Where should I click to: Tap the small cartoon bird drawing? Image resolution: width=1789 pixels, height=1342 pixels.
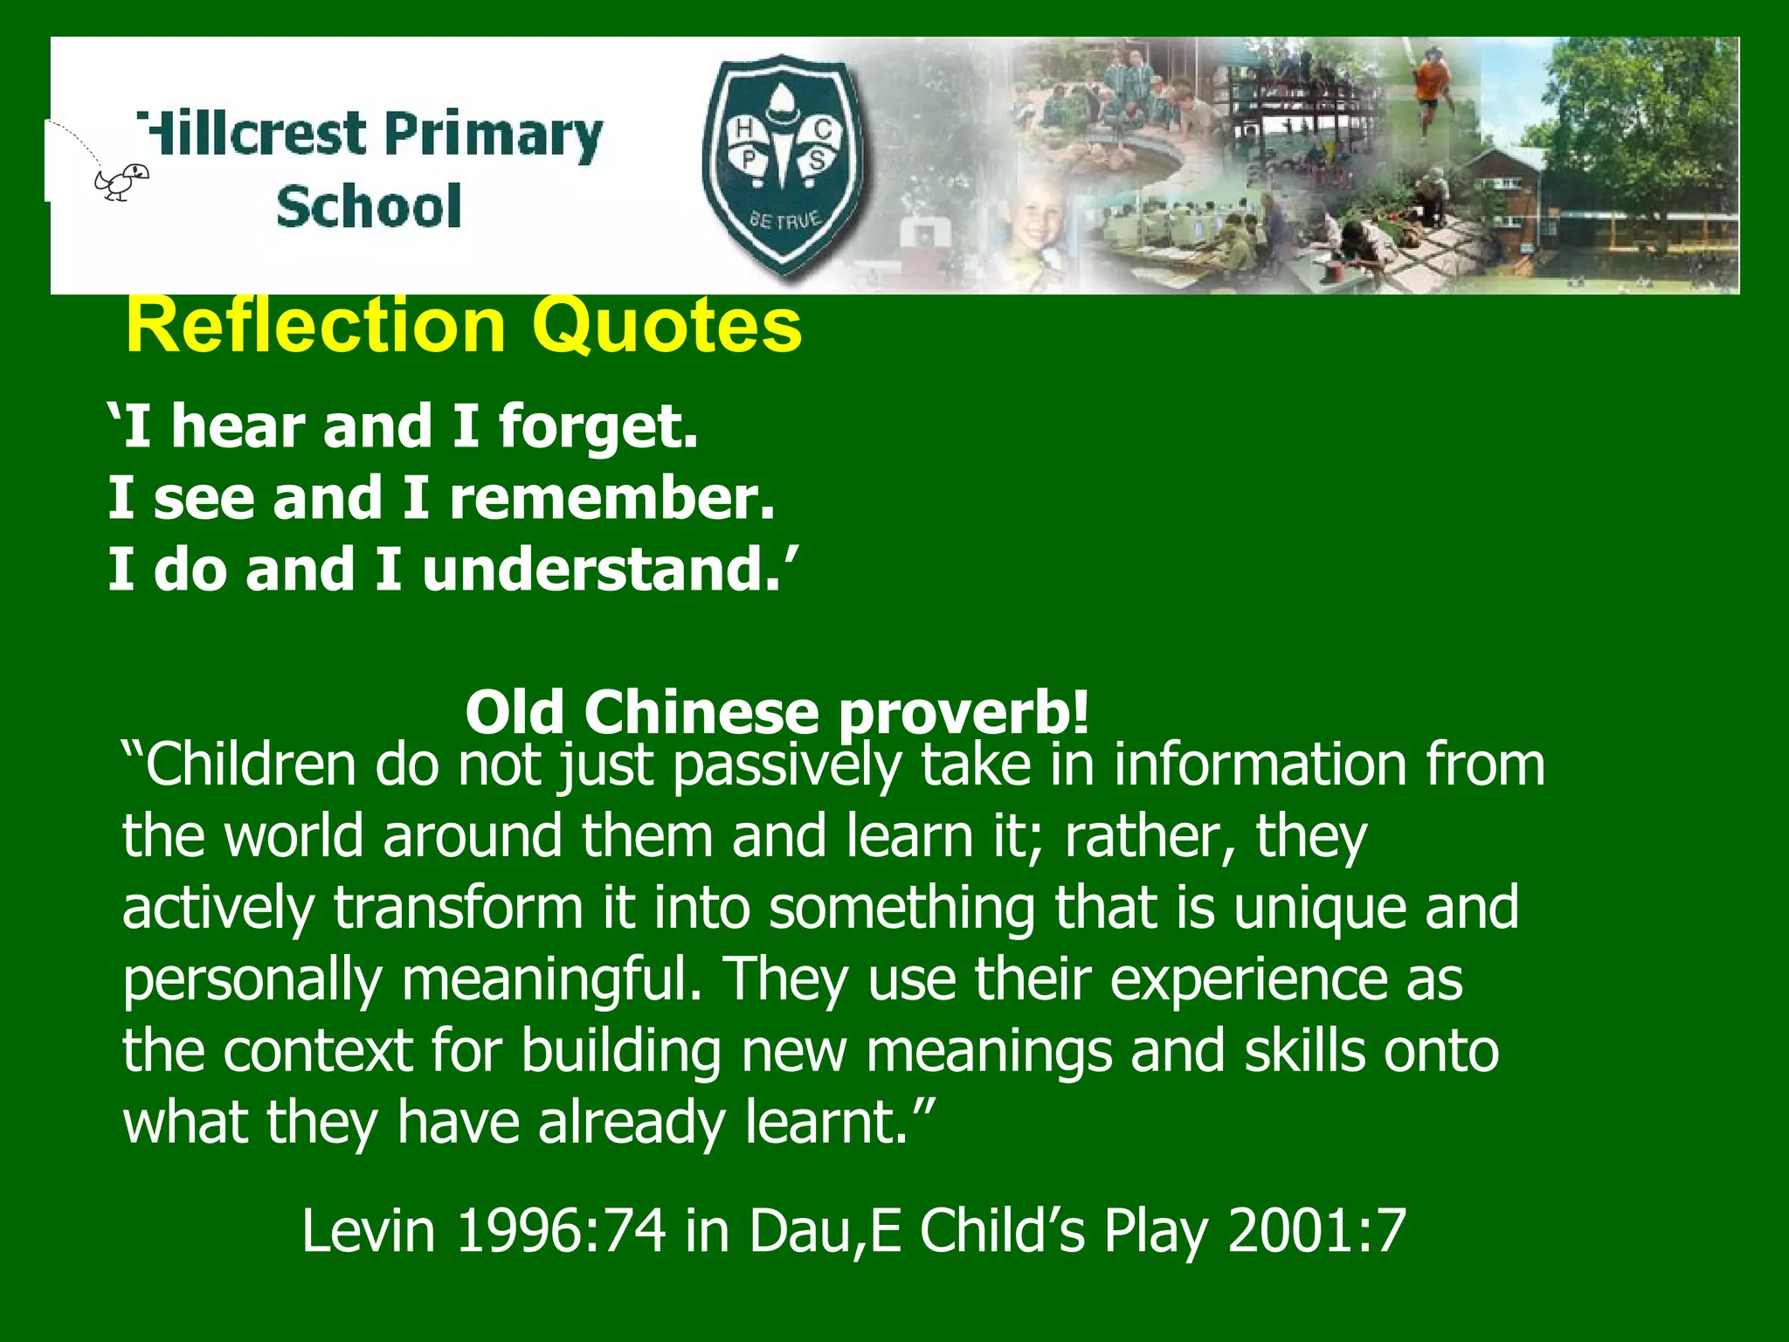[122, 182]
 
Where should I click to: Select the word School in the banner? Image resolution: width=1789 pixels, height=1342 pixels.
[369, 207]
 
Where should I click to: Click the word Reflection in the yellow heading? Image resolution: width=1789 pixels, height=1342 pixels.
[315, 325]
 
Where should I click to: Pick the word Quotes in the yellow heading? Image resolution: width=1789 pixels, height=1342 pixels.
[667, 325]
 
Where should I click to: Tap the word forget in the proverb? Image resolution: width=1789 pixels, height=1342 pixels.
[597, 428]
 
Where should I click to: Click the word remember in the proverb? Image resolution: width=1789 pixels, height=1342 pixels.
[611, 499]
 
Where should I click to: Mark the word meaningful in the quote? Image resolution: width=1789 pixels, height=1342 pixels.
[551, 980]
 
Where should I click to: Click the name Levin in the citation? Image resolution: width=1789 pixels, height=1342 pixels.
[369, 1230]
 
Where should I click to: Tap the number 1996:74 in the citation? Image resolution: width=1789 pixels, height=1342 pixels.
[561, 1230]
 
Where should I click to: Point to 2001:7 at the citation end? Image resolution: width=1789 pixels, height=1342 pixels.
[1316, 1230]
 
